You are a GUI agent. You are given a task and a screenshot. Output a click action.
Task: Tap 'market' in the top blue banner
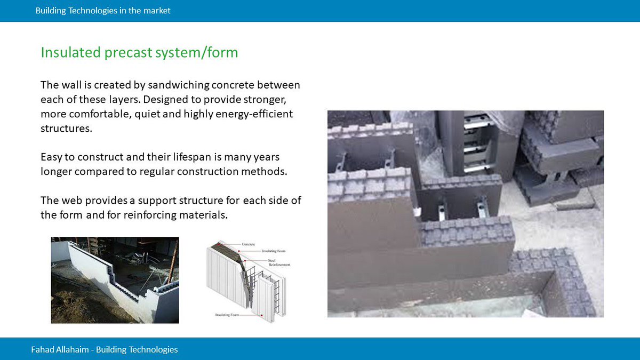157,11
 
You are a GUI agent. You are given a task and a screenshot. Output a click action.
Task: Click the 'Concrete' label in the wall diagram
249,244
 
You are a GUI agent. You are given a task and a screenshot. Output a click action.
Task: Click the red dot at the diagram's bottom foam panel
261,316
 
